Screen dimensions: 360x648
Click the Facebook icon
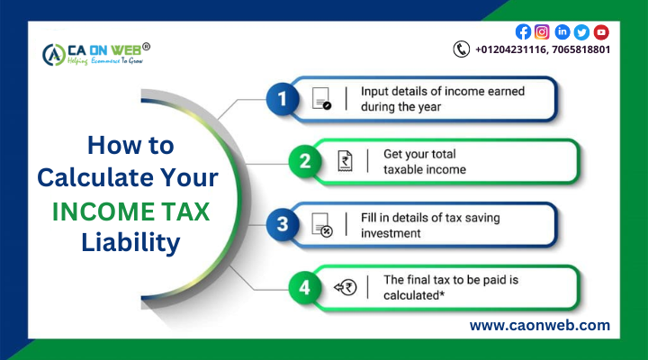[523, 31]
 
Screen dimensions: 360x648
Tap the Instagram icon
[542, 31]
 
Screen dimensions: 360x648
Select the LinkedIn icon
[562, 31]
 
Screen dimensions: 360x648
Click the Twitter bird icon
[581, 31]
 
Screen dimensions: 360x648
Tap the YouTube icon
[601, 31]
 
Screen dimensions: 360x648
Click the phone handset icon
[462, 49]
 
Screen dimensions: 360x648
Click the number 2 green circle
[305, 162]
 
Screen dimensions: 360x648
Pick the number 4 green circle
[305, 287]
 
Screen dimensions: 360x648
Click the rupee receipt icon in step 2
[343, 162]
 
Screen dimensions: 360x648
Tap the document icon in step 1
[321, 99]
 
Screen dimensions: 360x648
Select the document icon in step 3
[321, 224]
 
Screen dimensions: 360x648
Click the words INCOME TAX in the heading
[130, 210]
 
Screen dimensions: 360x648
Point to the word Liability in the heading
[130, 242]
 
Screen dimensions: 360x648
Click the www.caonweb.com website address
[539, 326]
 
